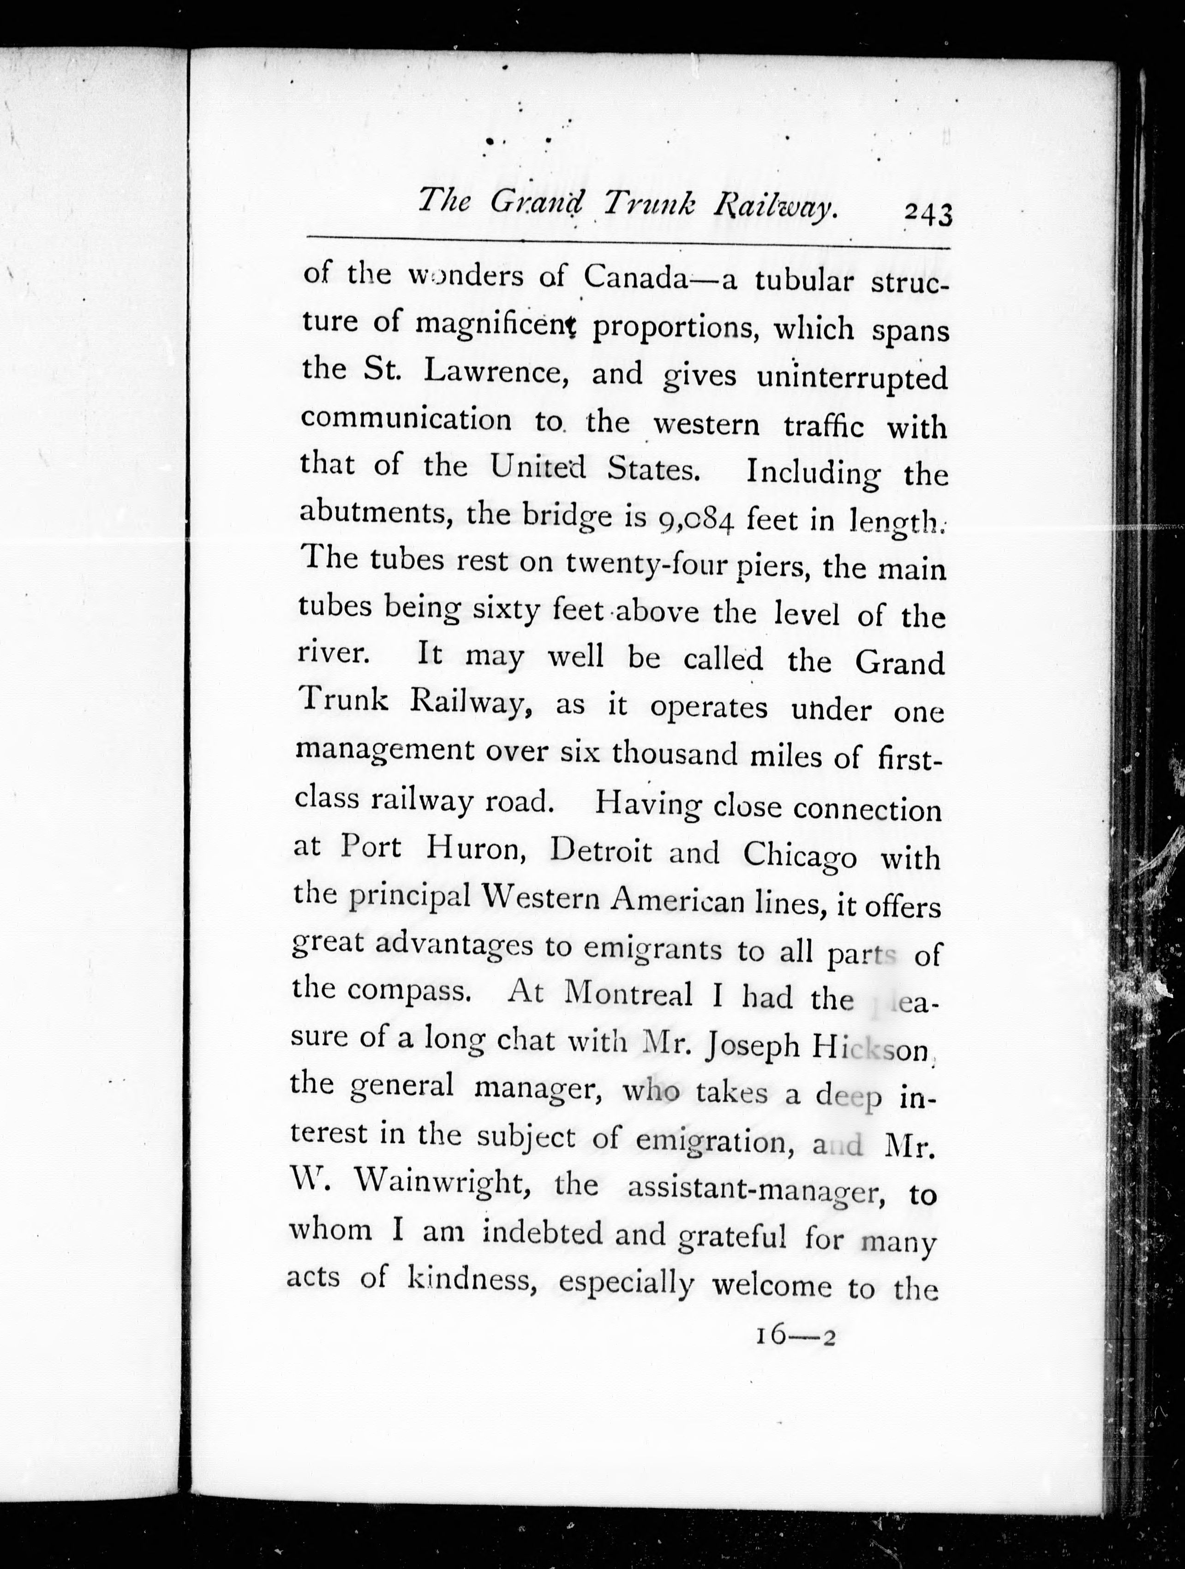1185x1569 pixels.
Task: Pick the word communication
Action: [x=406, y=419]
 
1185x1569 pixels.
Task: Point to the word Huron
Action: [x=474, y=849]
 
